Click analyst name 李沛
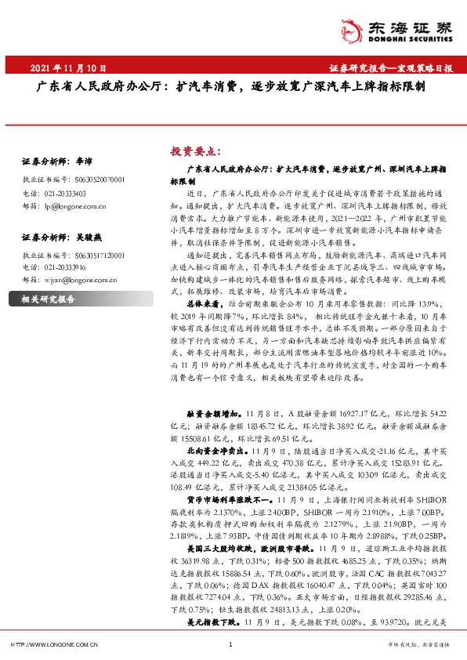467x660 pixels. coord(84,161)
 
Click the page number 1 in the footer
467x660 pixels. coord(230,645)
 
